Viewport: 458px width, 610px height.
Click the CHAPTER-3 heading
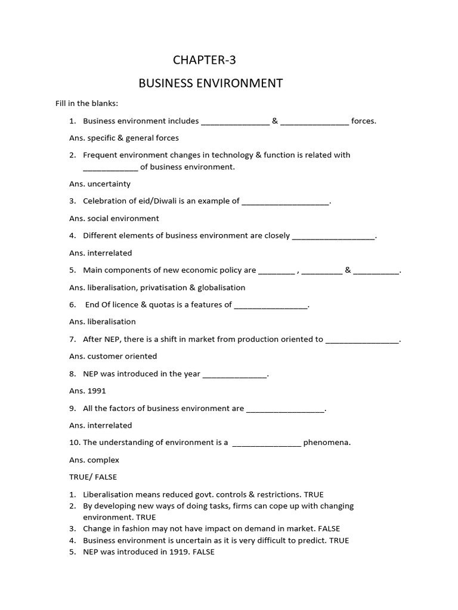(x=200, y=60)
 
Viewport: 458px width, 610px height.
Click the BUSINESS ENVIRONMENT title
(x=211, y=83)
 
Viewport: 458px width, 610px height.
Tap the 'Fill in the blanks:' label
(x=86, y=103)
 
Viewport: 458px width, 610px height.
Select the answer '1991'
(x=96, y=391)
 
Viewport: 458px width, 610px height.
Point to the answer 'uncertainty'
(x=109, y=184)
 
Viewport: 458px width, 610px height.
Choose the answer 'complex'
(x=103, y=460)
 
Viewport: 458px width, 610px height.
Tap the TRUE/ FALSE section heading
(x=93, y=477)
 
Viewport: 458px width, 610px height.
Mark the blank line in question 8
(x=235, y=375)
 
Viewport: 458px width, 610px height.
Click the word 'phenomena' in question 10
(x=326, y=443)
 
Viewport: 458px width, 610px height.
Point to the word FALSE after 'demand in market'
(x=329, y=528)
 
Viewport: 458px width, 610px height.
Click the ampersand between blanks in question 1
(x=275, y=121)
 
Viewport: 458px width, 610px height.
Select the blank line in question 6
(x=271, y=306)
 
